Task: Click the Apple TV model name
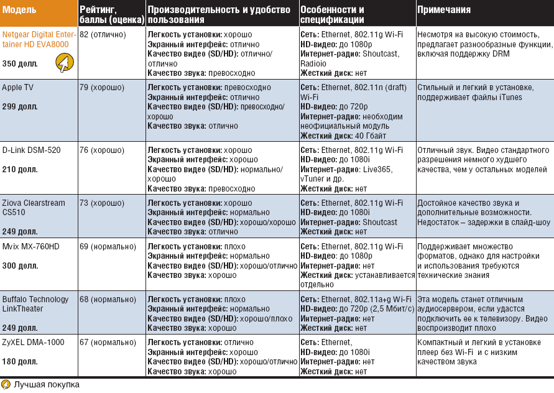[17, 88]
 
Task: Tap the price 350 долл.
[20, 64]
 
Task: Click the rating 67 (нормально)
[108, 343]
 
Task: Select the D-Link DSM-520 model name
[32, 150]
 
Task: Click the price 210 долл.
[20, 169]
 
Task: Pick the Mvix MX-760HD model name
[30, 247]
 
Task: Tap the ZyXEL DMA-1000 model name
[33, 343]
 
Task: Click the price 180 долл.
[20, 362]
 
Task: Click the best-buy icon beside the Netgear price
[65, 62]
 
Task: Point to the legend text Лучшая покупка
[47, 384]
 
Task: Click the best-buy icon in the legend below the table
[6, 384]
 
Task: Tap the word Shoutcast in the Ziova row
[380, 222]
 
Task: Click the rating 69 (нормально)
[108, 247]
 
